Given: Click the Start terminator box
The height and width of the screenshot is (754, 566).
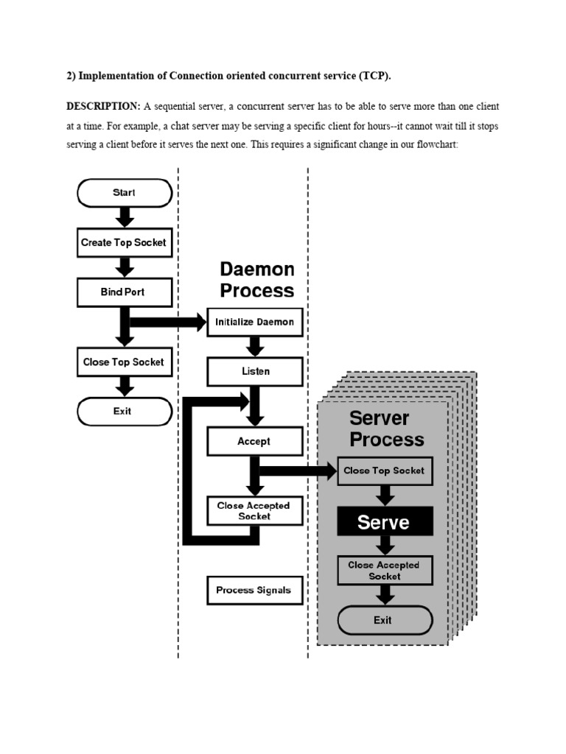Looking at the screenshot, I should click(125, 193).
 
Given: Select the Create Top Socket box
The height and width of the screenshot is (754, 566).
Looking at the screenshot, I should click(125, 242).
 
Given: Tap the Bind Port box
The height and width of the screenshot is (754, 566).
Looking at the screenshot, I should click(125, 292).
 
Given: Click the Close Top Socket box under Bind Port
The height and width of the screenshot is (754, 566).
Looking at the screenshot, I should click(125, 362).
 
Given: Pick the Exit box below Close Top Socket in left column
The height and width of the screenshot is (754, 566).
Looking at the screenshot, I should click(125, 411).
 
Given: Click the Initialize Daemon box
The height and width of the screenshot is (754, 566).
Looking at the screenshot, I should click(254, 322).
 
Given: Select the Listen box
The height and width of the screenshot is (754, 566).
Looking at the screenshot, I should click(254, 371).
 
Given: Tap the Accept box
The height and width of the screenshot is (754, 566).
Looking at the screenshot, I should click(254, 441).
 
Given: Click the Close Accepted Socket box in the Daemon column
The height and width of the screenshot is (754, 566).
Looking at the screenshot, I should click(254, 510).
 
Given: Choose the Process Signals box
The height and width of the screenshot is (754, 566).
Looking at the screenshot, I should click(254, 590).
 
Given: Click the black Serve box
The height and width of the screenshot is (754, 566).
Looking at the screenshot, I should click(384, 522).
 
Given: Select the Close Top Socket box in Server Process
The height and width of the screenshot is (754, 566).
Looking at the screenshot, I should click(384, 471).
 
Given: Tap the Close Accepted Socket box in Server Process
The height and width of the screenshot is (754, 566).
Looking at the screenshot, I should click(384, 571).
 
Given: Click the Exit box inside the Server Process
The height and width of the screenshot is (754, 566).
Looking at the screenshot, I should click(384, 620).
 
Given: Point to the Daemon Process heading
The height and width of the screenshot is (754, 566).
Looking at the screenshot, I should click(257, 280).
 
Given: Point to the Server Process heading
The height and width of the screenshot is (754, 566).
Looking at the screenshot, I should click(386, 429).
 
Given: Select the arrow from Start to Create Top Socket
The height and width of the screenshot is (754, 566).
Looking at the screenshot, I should click(125, 217).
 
